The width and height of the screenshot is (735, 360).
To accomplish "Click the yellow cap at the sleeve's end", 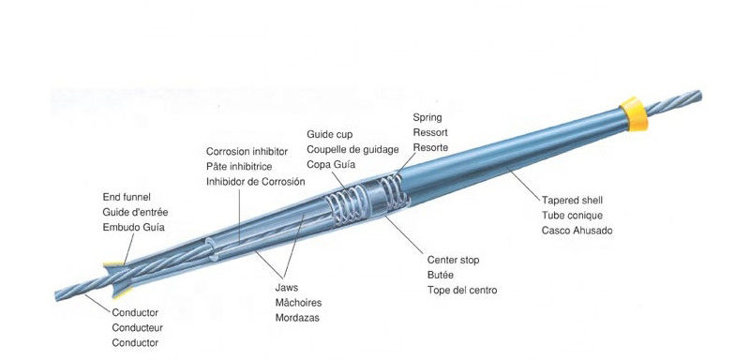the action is [634, 114].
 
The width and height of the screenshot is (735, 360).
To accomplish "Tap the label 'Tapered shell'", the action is [572, 201].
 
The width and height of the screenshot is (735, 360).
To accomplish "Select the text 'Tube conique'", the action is [572, 216].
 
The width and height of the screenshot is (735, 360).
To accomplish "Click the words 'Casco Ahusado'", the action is [577, 231].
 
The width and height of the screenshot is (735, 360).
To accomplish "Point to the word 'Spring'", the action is [427, 118].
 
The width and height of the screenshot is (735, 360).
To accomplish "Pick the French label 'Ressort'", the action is [429, 133].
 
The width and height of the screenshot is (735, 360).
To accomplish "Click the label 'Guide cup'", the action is [329, 135].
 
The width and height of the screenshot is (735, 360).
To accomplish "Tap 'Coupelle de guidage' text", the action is [352, 150].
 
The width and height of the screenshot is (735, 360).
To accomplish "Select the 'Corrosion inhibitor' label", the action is [247, 152].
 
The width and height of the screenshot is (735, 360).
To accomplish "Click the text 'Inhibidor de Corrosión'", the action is [255, 182].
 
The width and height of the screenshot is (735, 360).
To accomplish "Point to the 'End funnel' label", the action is [127, 197].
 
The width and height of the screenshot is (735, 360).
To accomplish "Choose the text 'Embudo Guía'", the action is [133, 227].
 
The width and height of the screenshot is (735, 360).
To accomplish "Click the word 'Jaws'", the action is [287, 287].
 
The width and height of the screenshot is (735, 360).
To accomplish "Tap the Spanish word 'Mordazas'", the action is [297, 318].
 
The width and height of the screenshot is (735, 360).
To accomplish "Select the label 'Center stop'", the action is [454, 260].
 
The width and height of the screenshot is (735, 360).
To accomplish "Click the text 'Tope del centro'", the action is [462, 291].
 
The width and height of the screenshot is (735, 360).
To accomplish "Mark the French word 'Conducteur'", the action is [137, 328].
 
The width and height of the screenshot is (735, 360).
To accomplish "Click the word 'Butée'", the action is [441, 276].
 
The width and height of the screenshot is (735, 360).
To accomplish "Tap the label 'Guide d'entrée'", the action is [135, 212].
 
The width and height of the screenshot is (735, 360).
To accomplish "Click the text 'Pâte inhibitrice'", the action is [239, 167].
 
